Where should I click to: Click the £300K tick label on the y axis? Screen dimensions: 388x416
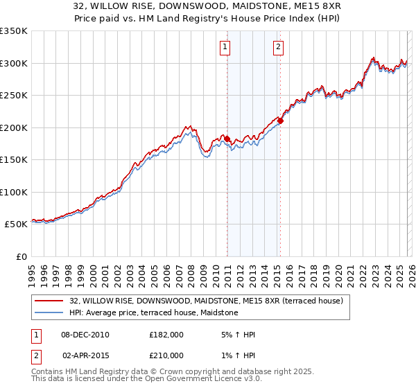(14, 63)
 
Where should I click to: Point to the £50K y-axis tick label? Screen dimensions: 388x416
(16, 224)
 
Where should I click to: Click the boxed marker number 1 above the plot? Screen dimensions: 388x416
(226, 47)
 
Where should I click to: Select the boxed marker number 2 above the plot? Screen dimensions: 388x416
(278, 47)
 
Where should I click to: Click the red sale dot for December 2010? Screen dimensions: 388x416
(227, 139)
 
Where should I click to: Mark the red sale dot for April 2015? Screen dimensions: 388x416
(280, 121)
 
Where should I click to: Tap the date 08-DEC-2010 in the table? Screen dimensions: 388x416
(85, 335)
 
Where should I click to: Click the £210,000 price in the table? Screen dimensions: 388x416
(166, 355)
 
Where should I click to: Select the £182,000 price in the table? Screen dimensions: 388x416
(166, 335)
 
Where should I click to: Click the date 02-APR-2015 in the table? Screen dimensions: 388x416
(85, 355)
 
